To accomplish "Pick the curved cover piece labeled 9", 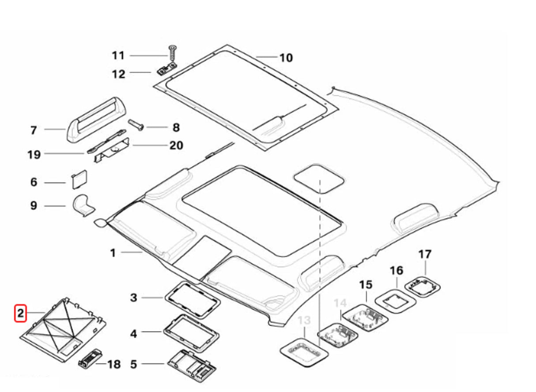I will pyautogui.click(x=83, y=205).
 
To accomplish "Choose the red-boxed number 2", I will pyautogui.click(x=21, y=314).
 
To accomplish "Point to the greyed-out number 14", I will pyautogui.click(x=340, y=303).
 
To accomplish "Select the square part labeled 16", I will pyautogui.click(x=395, y=302).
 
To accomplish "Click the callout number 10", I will pyautogui.click(x=286, y=57).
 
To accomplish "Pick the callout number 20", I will pyautogui.click(x=177, y=145).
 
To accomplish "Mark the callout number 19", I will pyautogui.click(x=34, y=154).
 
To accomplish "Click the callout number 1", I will pyautogui.click(x=113, y=253).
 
